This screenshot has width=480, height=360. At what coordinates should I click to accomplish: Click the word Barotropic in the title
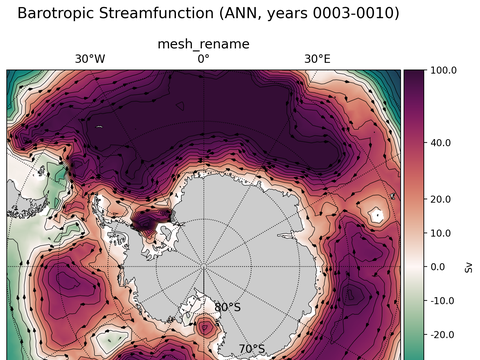(x=58, y=14)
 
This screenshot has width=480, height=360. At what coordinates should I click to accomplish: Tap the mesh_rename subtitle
(x=204, y=44)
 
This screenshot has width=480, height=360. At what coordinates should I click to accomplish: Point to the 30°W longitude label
(x=90, y=59)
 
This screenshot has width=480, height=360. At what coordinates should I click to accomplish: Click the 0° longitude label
(x=203, y=59)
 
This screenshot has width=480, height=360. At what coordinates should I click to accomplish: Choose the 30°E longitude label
(x=317, y=59)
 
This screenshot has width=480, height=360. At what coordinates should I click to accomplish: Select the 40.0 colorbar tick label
(x=442, y=143)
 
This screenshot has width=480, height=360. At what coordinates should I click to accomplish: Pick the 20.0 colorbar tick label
(x=442, y=199)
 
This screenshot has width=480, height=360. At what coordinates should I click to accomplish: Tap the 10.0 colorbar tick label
(x=442, y=233)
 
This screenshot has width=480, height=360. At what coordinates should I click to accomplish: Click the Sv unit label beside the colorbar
(x=469, y=267)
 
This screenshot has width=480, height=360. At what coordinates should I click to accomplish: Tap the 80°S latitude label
(x=228, y=307)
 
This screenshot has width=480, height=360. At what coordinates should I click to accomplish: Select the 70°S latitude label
(x=251, y=349)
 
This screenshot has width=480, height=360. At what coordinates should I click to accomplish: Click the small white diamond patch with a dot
(x=376, y=214)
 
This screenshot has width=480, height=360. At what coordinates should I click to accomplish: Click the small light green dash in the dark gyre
(x=100, y=126)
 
